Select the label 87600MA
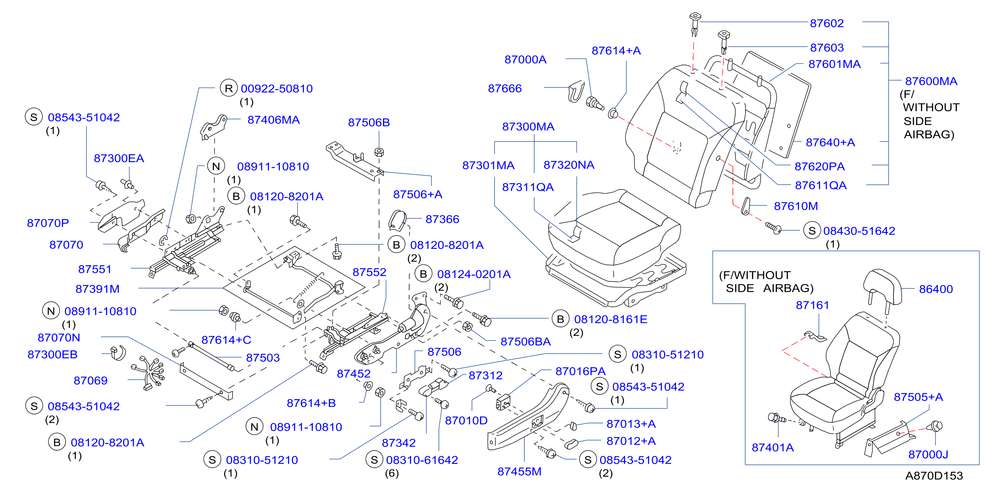931,82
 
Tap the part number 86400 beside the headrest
935,289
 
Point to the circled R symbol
229,89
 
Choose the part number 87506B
369,123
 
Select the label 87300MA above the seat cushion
528,127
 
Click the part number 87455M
519,472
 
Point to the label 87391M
97,289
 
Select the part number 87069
90,381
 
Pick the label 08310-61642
422,460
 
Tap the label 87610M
795,206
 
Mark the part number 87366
442,219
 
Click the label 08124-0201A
473,275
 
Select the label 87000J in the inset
928,455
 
